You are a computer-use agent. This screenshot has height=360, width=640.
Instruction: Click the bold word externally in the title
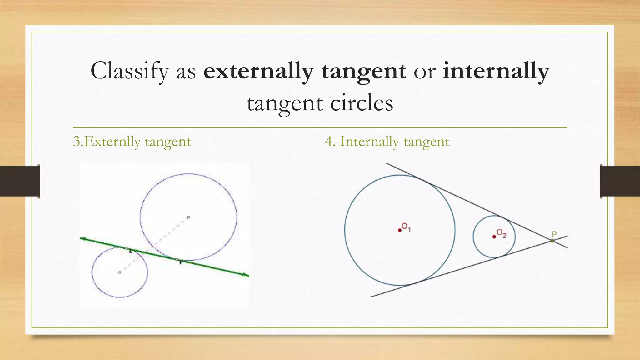[x=258, y=71]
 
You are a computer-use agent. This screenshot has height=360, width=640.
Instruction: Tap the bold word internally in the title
[x=496, y=71]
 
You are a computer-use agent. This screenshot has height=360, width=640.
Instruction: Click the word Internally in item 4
[x=369, y=142]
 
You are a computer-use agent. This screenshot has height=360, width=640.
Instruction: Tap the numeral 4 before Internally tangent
[x=329, y=142]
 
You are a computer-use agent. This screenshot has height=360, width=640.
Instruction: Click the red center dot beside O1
[x=400, y=230]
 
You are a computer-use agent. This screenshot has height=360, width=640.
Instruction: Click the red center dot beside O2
[x=494, y=237]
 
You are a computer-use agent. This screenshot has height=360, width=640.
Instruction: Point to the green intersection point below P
[x=552, y=241]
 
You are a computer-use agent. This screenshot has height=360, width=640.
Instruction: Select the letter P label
[x=554, y=234]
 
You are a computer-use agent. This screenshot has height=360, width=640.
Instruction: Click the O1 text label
[x=406, y=227]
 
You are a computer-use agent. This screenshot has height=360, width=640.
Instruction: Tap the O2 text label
[x=501, y=233]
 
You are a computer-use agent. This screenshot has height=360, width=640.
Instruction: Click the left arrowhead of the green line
[x=82, y=239]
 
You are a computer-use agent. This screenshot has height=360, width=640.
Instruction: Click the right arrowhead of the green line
[x=246, y=275]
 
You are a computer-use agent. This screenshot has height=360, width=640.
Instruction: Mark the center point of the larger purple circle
[x=188, y=217]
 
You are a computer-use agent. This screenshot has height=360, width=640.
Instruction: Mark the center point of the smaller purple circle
[x=119, y=272]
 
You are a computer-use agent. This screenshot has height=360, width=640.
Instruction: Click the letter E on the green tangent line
[x=131, y=251]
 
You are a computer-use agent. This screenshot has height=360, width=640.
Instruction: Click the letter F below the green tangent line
[x=181, y=263]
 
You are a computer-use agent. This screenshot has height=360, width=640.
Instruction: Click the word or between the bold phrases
[x=424, y=71]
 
